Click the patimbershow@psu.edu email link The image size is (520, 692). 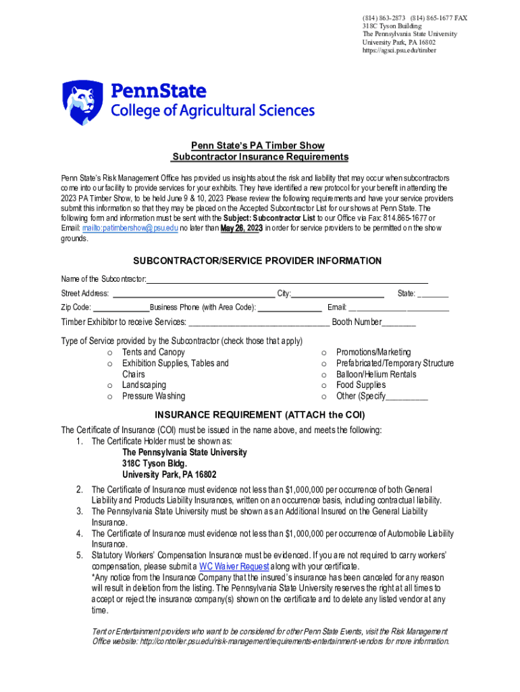(130, 228)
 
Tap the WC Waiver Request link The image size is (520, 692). (234, 566)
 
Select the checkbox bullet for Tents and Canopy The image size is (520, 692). (109, 353)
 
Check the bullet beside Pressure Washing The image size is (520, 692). (109, 396)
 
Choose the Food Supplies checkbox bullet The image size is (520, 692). (324, 385)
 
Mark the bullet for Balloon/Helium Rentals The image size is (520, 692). (324, 374)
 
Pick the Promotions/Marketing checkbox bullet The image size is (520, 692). (324, 353)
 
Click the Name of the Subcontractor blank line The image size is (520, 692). (287, 280)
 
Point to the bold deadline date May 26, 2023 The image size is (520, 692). (241, 228)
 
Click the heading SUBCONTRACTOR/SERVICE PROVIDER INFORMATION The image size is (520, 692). (257, 261)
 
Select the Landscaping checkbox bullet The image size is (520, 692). (109, 385)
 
